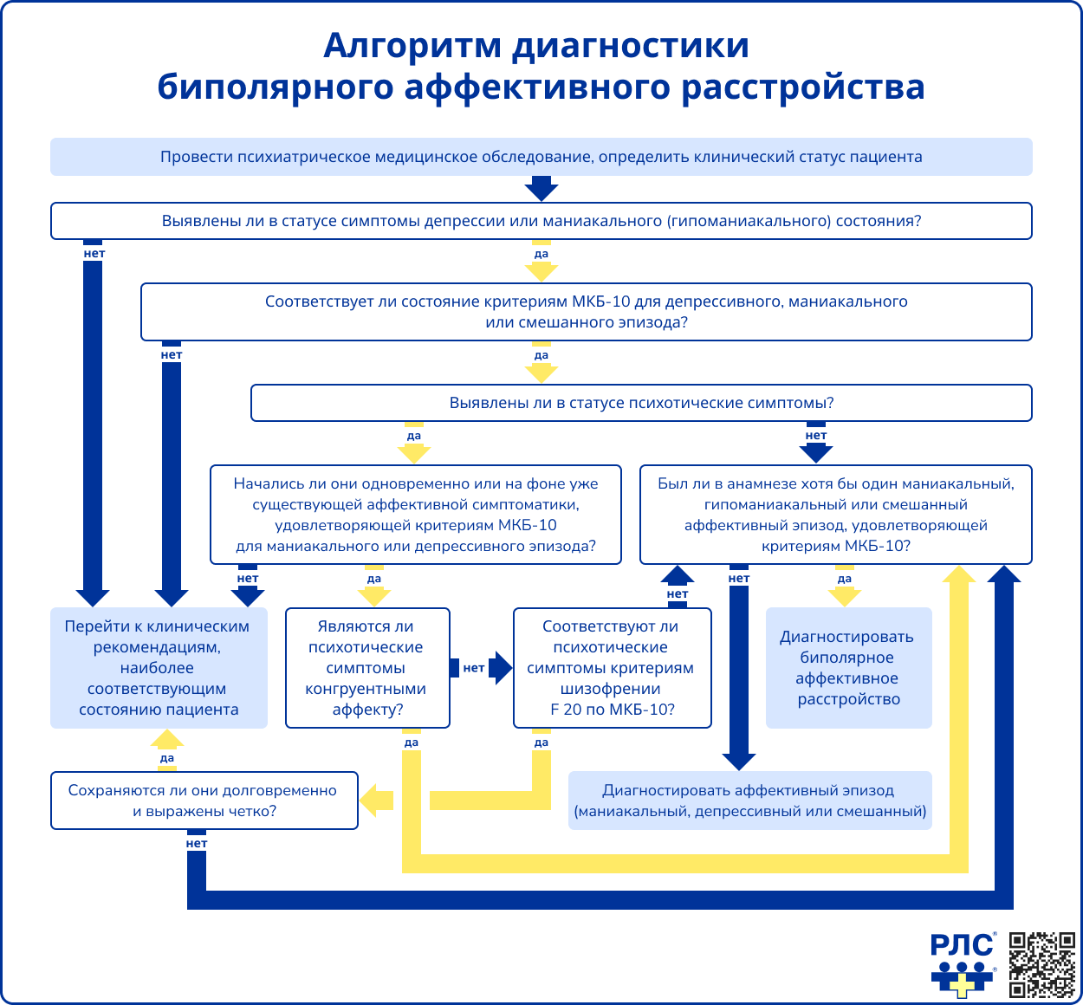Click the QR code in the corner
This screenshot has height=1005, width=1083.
[x=1043, y=964]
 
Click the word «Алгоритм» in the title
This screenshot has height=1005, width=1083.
[x=412, y=45]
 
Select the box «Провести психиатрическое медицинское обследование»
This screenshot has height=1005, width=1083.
[x=541, y=157]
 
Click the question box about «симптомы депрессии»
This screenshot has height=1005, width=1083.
[x=541, y=221]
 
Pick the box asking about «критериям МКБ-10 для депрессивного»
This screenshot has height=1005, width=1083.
[x=586, y=312]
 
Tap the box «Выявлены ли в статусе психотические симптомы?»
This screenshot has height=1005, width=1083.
[x=641, y=403]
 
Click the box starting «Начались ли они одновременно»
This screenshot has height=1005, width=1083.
[x=416, y=515]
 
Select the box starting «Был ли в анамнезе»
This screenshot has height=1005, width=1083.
[x=835, y=515]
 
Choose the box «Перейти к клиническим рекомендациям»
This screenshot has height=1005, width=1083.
[x=159, y=668]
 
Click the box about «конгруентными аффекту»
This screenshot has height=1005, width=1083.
[x=367, y=668]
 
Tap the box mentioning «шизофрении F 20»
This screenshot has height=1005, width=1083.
[x=612, y=668]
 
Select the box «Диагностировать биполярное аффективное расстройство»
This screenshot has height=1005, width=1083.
[x=848, y=668]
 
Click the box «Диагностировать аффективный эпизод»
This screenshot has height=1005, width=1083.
[x=749, y=801]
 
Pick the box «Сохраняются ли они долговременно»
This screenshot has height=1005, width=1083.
[x=204, y=801]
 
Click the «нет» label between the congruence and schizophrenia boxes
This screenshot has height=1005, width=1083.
[x=473, y=668]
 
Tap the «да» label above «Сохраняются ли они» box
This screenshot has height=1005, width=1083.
[x=167, y=758]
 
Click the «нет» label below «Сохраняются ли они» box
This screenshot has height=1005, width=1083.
[x=197, y=843]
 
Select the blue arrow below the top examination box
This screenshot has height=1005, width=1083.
[x=541, y=188]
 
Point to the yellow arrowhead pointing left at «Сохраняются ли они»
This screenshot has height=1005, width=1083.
[x=375, y=801]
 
